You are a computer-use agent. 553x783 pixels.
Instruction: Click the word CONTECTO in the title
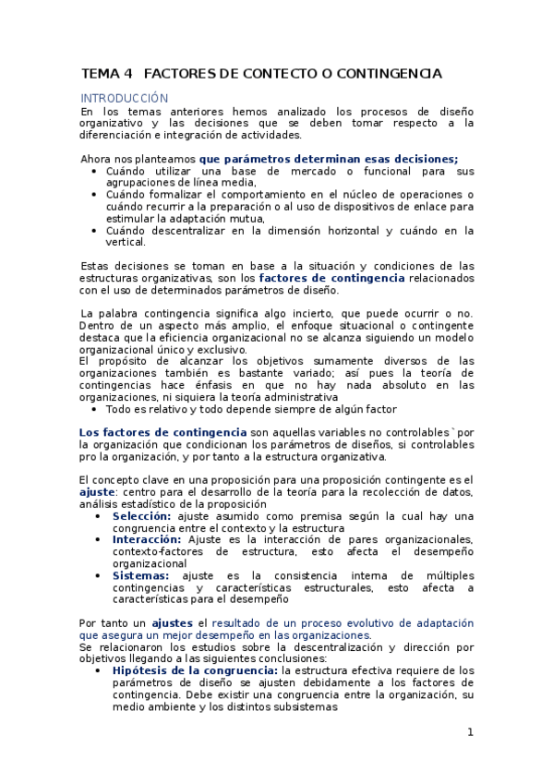(276, 73)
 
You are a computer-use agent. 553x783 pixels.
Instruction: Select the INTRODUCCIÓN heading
(125, 98)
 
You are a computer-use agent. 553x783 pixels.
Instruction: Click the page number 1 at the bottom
(470, 732)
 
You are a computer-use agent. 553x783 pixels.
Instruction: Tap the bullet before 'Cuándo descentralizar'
(97, 231)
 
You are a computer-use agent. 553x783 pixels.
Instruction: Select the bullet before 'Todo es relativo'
(97, 409)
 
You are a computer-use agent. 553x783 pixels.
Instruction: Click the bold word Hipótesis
(141, 670)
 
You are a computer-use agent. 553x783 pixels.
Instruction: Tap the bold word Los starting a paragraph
(89, 433)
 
